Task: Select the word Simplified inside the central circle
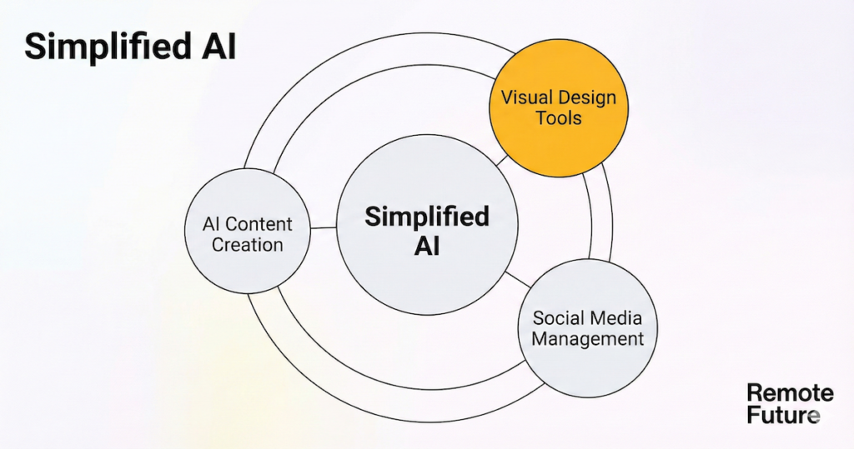(x=426, y=217)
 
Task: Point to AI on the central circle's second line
(x=426, y=247)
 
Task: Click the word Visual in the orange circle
(x=525, y=97)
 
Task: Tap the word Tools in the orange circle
(x=559, y=117)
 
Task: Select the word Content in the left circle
(x=259, y=224)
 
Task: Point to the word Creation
(x=247, y=245)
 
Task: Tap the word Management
(x=588, y=339)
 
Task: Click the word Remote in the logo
(x=778, y=392)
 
